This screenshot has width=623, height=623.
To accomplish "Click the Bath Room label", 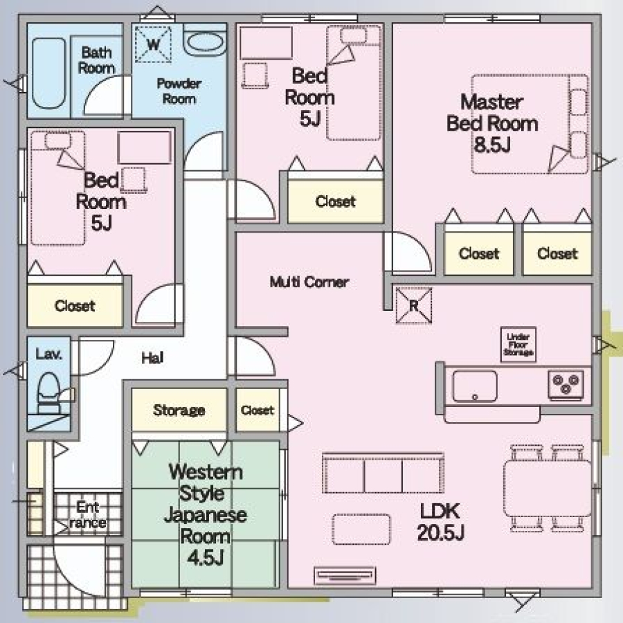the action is coord(96,60).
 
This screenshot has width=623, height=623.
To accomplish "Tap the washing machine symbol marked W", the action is coord(153,44).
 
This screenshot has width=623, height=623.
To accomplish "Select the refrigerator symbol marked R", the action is coord(414,305).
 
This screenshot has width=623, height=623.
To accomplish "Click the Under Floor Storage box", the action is coord(518,345).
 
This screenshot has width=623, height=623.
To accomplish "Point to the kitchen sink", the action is coord(475,386).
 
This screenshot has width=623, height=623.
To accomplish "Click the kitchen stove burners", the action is coord(566,384).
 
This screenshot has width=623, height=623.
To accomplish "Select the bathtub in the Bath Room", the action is coord(48,73).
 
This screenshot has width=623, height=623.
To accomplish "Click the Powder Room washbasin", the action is coord(205,43).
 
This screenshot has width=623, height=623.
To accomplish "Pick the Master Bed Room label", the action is coord(492,123).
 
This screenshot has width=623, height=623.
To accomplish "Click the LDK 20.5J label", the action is coord(441,522).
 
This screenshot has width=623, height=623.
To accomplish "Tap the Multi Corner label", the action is coord(309,282).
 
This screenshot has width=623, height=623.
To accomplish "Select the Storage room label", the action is coord(179,410).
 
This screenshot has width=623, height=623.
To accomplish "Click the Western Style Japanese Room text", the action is coord(206,514).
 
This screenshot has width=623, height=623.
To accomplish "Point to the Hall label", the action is coord(152,358).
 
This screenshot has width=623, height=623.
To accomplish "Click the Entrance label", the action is coord(87,515).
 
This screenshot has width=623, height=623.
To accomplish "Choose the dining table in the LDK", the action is coord(547,488).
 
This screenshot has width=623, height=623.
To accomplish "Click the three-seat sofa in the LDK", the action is coord(383,473).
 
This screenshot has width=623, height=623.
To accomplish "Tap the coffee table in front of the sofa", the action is coord(361,530).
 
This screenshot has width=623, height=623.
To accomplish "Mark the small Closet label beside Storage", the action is coord(258,410).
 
